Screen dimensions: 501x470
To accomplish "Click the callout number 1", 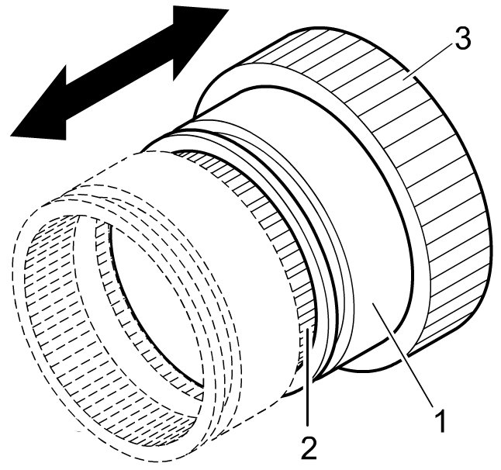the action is (439, 423).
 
